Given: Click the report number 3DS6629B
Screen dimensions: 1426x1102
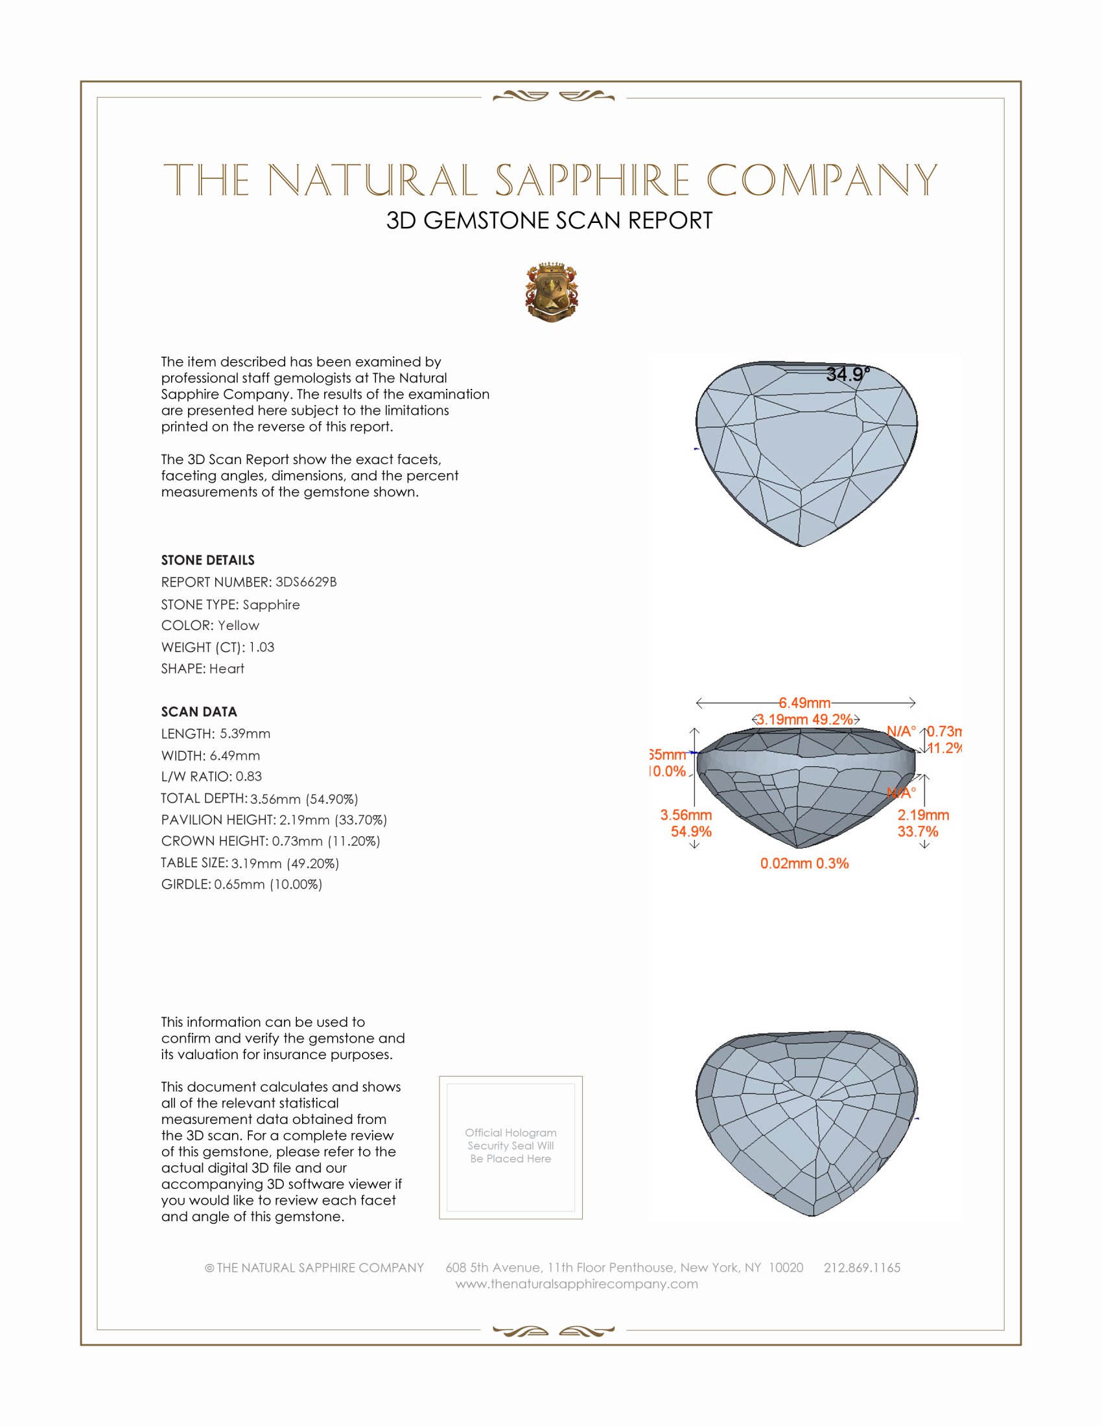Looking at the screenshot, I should [306, 582].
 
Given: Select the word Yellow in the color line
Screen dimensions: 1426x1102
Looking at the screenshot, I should [239, 625].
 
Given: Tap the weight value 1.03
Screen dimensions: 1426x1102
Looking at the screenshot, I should [262, 647].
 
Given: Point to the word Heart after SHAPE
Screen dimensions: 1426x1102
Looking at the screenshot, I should [226, 669].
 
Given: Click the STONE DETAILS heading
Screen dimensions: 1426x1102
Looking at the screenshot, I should [207, 560].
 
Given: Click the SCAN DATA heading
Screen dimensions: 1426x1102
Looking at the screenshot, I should [199, 712].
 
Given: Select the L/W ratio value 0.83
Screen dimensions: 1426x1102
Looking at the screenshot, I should [249, 777].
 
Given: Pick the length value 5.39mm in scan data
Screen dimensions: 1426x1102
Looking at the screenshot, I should [245, 734].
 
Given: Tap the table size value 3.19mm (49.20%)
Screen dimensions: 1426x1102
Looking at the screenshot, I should [285, 863].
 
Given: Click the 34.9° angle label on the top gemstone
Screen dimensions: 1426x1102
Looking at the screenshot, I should [847, 375].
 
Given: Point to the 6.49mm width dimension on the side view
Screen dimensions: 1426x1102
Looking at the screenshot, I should [804, 703].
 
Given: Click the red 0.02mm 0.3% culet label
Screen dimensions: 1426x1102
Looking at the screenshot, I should [804, 863].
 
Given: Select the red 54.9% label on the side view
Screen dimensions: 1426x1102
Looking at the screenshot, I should [691, 832].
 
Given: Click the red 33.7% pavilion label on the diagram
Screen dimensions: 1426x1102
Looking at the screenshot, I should [917, 832].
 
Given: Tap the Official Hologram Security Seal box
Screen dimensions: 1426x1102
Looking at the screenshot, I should [511, 1146].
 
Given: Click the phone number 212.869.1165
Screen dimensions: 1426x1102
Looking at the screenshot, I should [862, 1268].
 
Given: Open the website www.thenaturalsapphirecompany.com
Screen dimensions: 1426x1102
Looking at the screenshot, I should [576, 1284].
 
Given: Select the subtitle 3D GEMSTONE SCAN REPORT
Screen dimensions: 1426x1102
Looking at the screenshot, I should [549, 220].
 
